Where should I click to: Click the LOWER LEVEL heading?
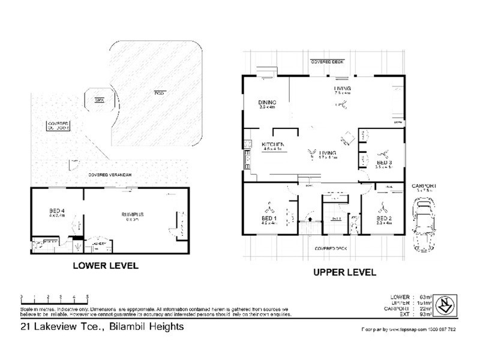click(105, 265)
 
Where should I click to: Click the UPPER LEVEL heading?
click(344, 272)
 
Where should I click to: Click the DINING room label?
click(266, 102)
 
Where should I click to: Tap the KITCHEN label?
click(273, 145)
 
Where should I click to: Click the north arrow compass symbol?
click(444, 305)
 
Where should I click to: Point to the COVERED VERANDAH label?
click(109, 175)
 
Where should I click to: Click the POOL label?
click(159, 93)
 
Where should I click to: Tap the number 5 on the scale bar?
click(88, 297)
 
